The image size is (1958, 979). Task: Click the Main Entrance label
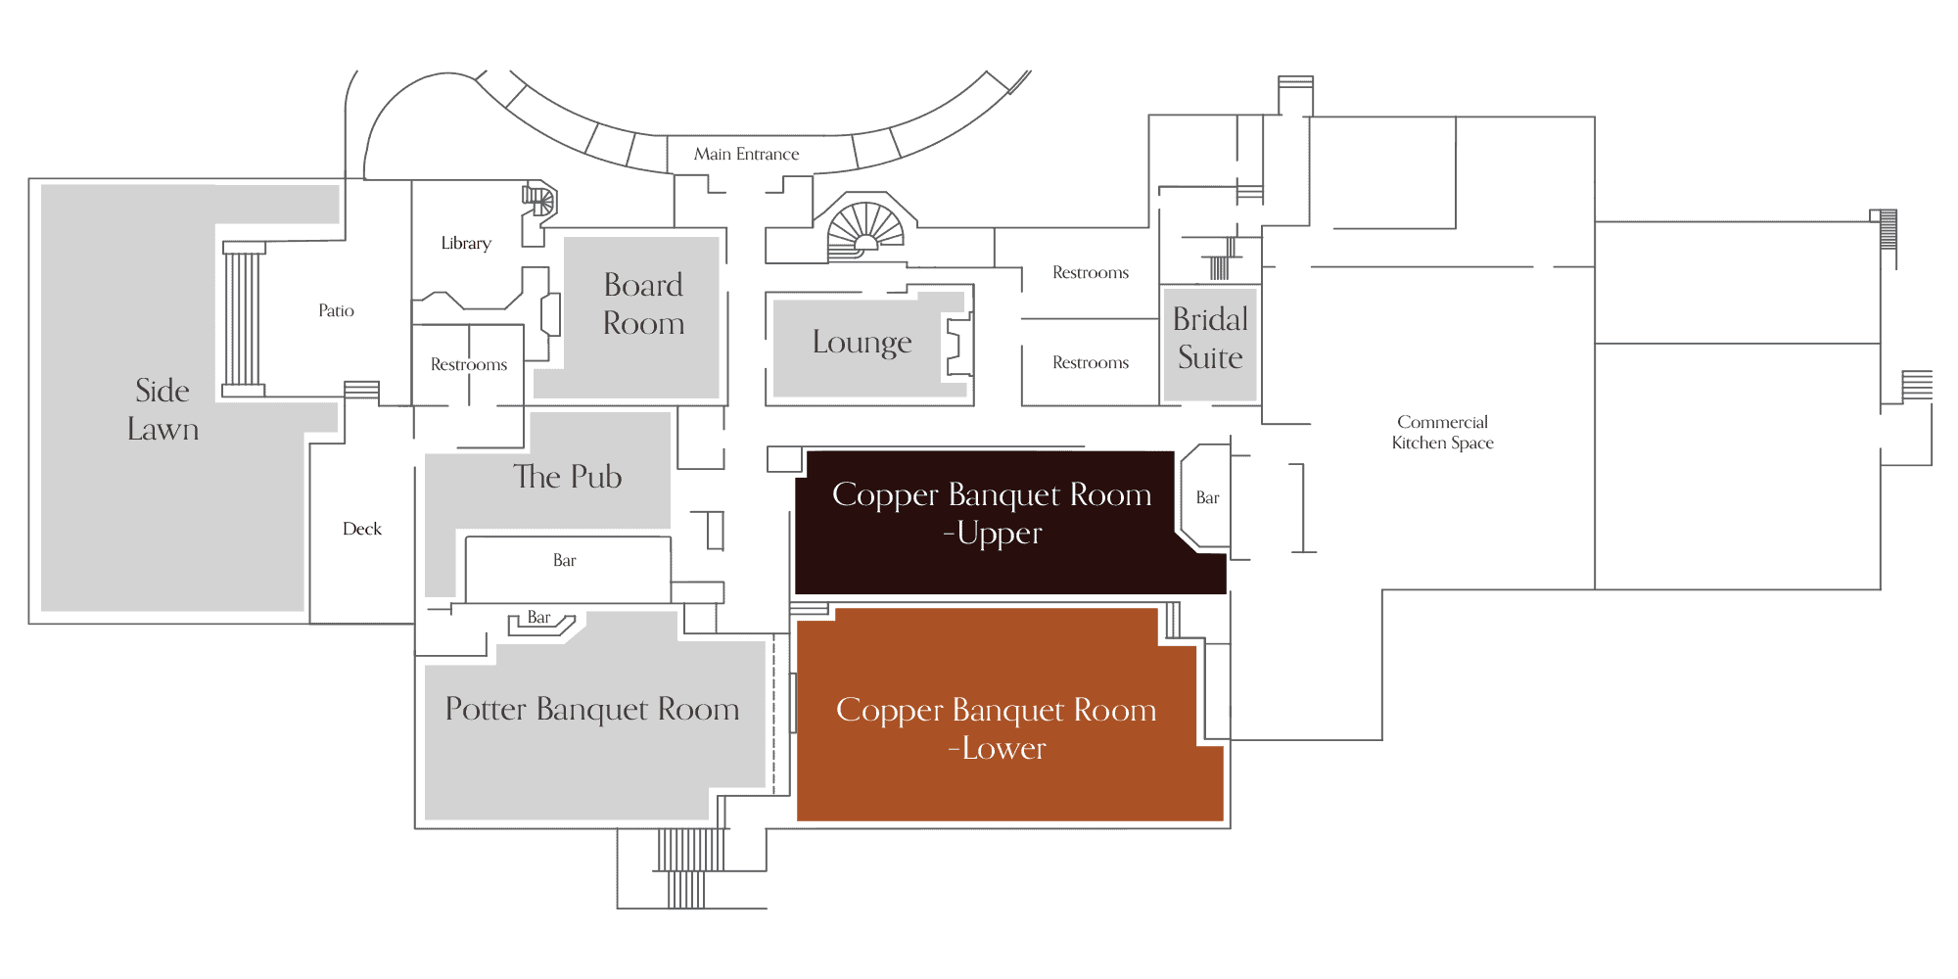pyautogui.click(x=746, y=154)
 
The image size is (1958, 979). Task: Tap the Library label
pyautogui.click(x=466, y=243)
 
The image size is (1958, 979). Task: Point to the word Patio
pyautogui.click(x=336, y=310)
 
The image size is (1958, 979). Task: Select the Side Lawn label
pyautogui.click(x=163, y=409)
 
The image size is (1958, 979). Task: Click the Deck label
pyautogui.click(x=362, y=529)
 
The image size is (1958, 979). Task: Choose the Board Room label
pyautogui.click(x=643, y=303)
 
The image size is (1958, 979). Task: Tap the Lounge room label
pyautogui.click(x=862, y=343)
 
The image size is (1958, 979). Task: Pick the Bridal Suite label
pyautogui.click(x=1210, y=338)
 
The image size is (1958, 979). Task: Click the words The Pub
pyautogui.click(x=568, y=477)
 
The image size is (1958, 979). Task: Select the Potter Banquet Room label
pyautogui.click(x=592, y=709)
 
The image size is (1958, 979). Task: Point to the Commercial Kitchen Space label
pyautogui.click(x=1442, y=432)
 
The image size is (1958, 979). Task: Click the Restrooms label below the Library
pyautogui.click(x=469, y=364)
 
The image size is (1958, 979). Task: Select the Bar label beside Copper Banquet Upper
pyautogui.click(x=1207, y=497)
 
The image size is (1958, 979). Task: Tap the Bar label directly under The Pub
pyautogui.click(x=564, y=560)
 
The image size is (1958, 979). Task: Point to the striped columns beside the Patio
pyautogui.click(x=244, y=319)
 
